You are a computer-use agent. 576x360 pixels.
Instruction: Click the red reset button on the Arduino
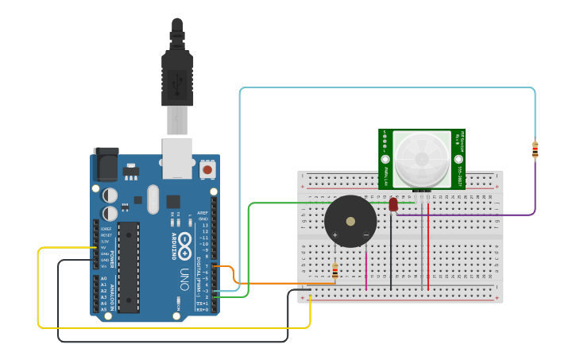pos(207,168)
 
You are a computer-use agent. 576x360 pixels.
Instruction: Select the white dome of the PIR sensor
pos(420,159)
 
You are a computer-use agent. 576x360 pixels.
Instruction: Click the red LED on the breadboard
pos(393,205)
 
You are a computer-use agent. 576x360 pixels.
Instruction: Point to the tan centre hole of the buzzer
pos(350,221)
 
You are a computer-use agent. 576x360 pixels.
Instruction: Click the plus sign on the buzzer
pos(334,235)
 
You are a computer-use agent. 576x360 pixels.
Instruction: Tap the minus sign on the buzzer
pos(365,235)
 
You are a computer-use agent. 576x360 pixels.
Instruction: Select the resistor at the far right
pos(535,149)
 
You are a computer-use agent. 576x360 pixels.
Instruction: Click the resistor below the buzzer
pos(334,273)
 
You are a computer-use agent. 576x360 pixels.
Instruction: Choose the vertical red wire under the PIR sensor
pos(428,246)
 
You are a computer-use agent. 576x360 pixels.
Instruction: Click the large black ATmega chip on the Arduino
pos(129,265)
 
